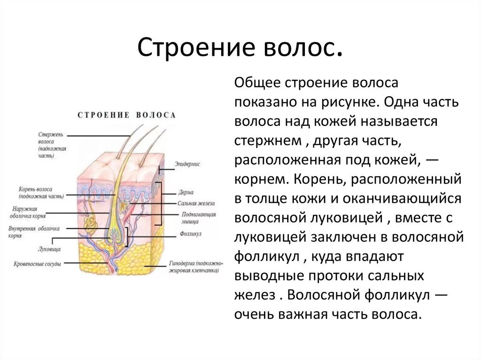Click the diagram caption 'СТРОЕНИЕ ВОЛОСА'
(x=126, y=115)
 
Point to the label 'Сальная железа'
(x=196, y=203)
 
